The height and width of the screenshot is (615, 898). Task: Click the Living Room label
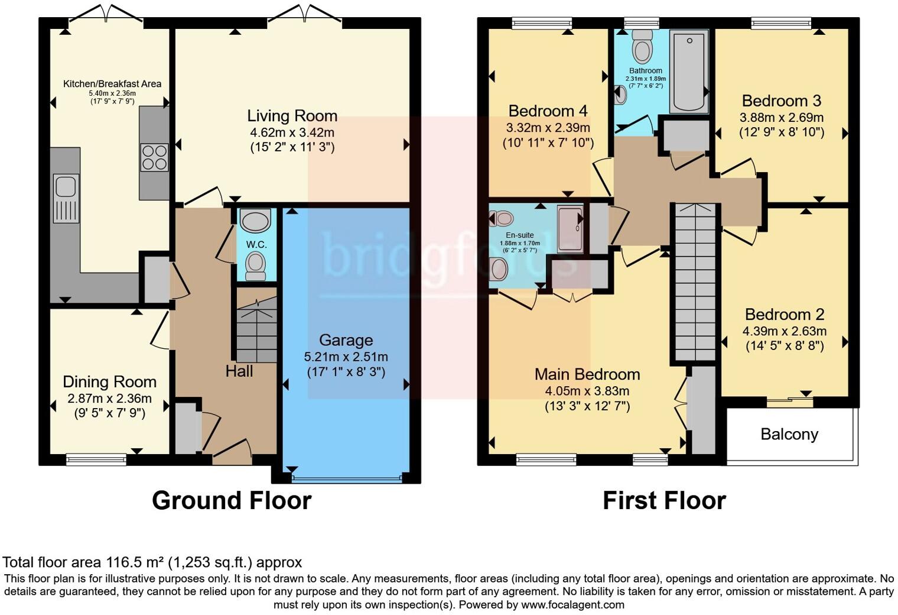pyautogui.click(x=292, y=116)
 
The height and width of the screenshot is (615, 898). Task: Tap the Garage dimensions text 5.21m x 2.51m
pyautogui.click(x=346, y=357)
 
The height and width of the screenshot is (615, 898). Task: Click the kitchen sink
pyautogui.click(x=66, y=186)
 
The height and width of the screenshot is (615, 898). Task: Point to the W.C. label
pyautogui.click(x=256, y=244)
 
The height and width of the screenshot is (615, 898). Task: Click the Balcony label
pyautogui.click(x=789, y=434)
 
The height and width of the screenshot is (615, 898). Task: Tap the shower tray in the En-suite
pyautogui.click(x=570, y=229)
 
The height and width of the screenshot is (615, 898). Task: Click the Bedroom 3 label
pyautogui.click(x=781, y=101)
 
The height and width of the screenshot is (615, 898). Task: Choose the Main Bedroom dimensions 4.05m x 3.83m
pyautogui.click(x=587, y=391)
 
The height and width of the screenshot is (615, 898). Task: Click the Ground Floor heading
pyautogui.click(x=232, y=500)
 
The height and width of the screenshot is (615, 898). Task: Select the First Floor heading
pyautogui.click(x=664, y=500)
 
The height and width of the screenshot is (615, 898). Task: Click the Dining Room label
pyautogui.click(x=109, y=382)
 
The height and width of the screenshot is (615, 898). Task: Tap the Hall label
pyautogui.click(x=239, y=371)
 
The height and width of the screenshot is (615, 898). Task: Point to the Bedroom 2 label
pyautogui.click(x=784, y=314)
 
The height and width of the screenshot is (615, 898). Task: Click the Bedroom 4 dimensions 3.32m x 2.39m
pyautogui.click(x=548, y=127)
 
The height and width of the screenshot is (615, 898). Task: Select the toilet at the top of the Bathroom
pyautogui.click(x=642, y=47)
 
